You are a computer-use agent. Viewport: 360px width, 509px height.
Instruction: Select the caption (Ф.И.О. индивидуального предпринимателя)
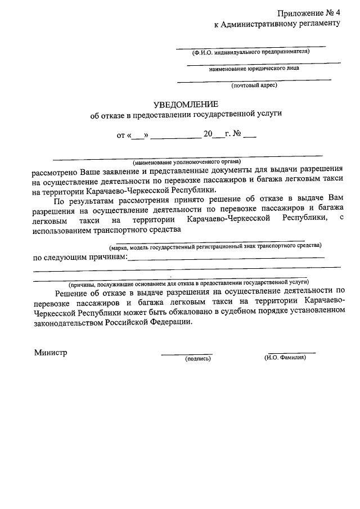(x=251, y=52)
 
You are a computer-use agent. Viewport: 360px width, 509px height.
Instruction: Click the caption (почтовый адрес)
(x=254, y=85)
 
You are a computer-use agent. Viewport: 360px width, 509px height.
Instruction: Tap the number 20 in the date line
(x=208, y=135)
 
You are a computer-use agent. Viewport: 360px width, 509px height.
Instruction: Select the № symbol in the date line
(x=237, y=135)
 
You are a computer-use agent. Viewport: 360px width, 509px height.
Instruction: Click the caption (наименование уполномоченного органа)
(x=188, y=161)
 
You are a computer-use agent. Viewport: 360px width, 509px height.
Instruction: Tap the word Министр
(x=50, y=353)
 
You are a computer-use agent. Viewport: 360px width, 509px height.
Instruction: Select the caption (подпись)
(x=197, y=358)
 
